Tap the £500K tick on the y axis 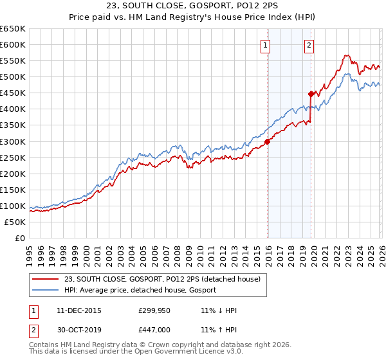point(13,77)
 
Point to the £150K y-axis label point(13,190)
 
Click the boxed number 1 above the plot point(266,45)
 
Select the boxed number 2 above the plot point(309,45)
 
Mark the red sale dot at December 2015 point(267,141)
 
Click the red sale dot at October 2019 point(311,94)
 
